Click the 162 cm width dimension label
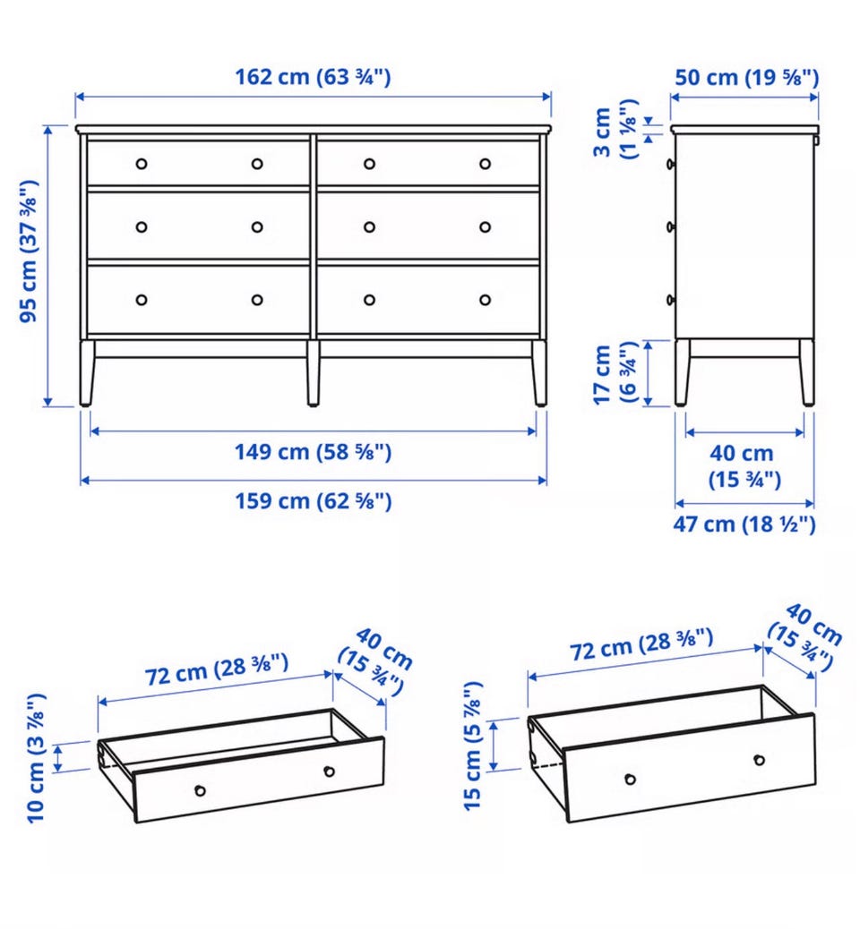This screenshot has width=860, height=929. [x=314, y=77]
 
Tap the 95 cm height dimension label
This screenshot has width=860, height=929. [x=29, y=251]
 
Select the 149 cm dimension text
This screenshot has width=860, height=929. [x=314, y=452]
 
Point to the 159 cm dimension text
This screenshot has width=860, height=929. [x=314, y=501]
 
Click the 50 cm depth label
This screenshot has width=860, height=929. [x=747, y=78]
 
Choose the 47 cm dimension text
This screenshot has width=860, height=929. [x=744, y=524]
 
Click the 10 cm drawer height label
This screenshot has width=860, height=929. [x=36, y=758]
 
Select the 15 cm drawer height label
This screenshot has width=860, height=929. [x=473, y=746]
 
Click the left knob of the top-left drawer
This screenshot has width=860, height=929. [x=142, y=164]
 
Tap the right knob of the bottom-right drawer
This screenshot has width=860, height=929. [x=486, y=300]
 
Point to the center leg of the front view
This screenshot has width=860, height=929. [x=314, y=372]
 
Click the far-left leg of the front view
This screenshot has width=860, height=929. [x=87, y=372]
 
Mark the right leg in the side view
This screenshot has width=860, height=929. [x=806, y=372]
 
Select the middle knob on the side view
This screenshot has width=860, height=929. [x=671, y=226]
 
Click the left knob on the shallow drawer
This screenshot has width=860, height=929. [x=201, y=790]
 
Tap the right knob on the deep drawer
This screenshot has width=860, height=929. [x=759, y=760]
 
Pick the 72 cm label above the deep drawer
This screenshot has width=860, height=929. [x=641, y=644]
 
